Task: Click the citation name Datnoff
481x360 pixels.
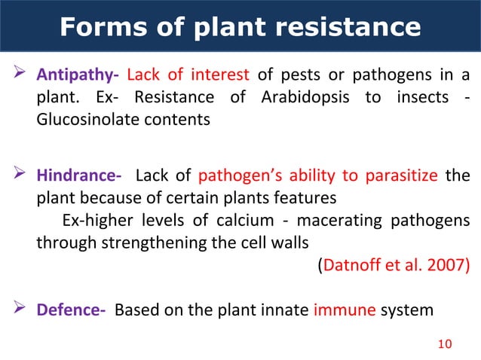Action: [351, 265]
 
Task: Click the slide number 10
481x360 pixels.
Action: [445, 344]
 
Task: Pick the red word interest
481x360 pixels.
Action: [222, 75]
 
